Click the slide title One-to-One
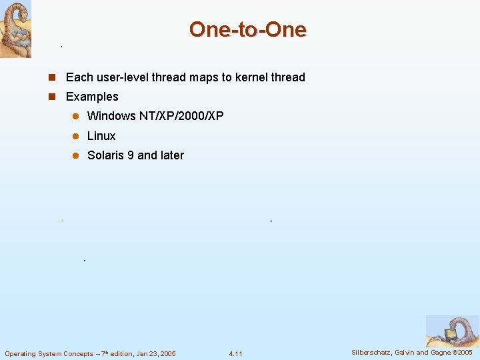[x=247, y=29]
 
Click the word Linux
[x=101, y=136]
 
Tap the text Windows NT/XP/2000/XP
[x=155, y=116]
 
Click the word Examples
[x=92, y=97]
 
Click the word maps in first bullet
[x=204, y=77]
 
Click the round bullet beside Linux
[x=75, y=136]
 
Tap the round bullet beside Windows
[x=75, y=116]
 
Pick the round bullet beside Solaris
[x=75, y=155]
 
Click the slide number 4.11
[x=235, y=353]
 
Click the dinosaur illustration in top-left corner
[x=15, y=29]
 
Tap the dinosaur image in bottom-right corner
[x=452, y=331]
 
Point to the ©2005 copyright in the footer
[x=462, y=353]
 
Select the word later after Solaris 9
[x=171, y=155]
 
